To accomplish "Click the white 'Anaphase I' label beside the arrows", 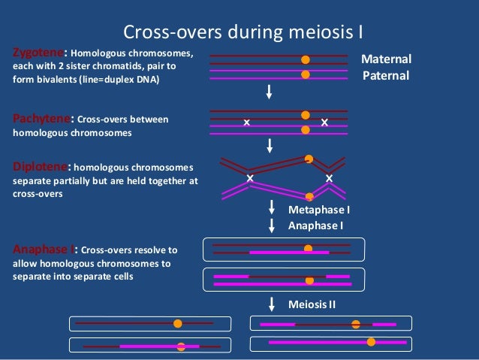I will (316, 225).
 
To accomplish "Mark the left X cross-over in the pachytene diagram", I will (246, 122).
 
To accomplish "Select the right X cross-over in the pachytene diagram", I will (324, 122).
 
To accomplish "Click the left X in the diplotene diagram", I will (250, 178).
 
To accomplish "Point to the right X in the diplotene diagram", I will (329, 178).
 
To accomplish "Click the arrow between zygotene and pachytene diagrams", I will (269, 92).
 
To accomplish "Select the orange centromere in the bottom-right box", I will (371, 342).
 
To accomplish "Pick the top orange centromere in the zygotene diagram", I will (305, 59).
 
